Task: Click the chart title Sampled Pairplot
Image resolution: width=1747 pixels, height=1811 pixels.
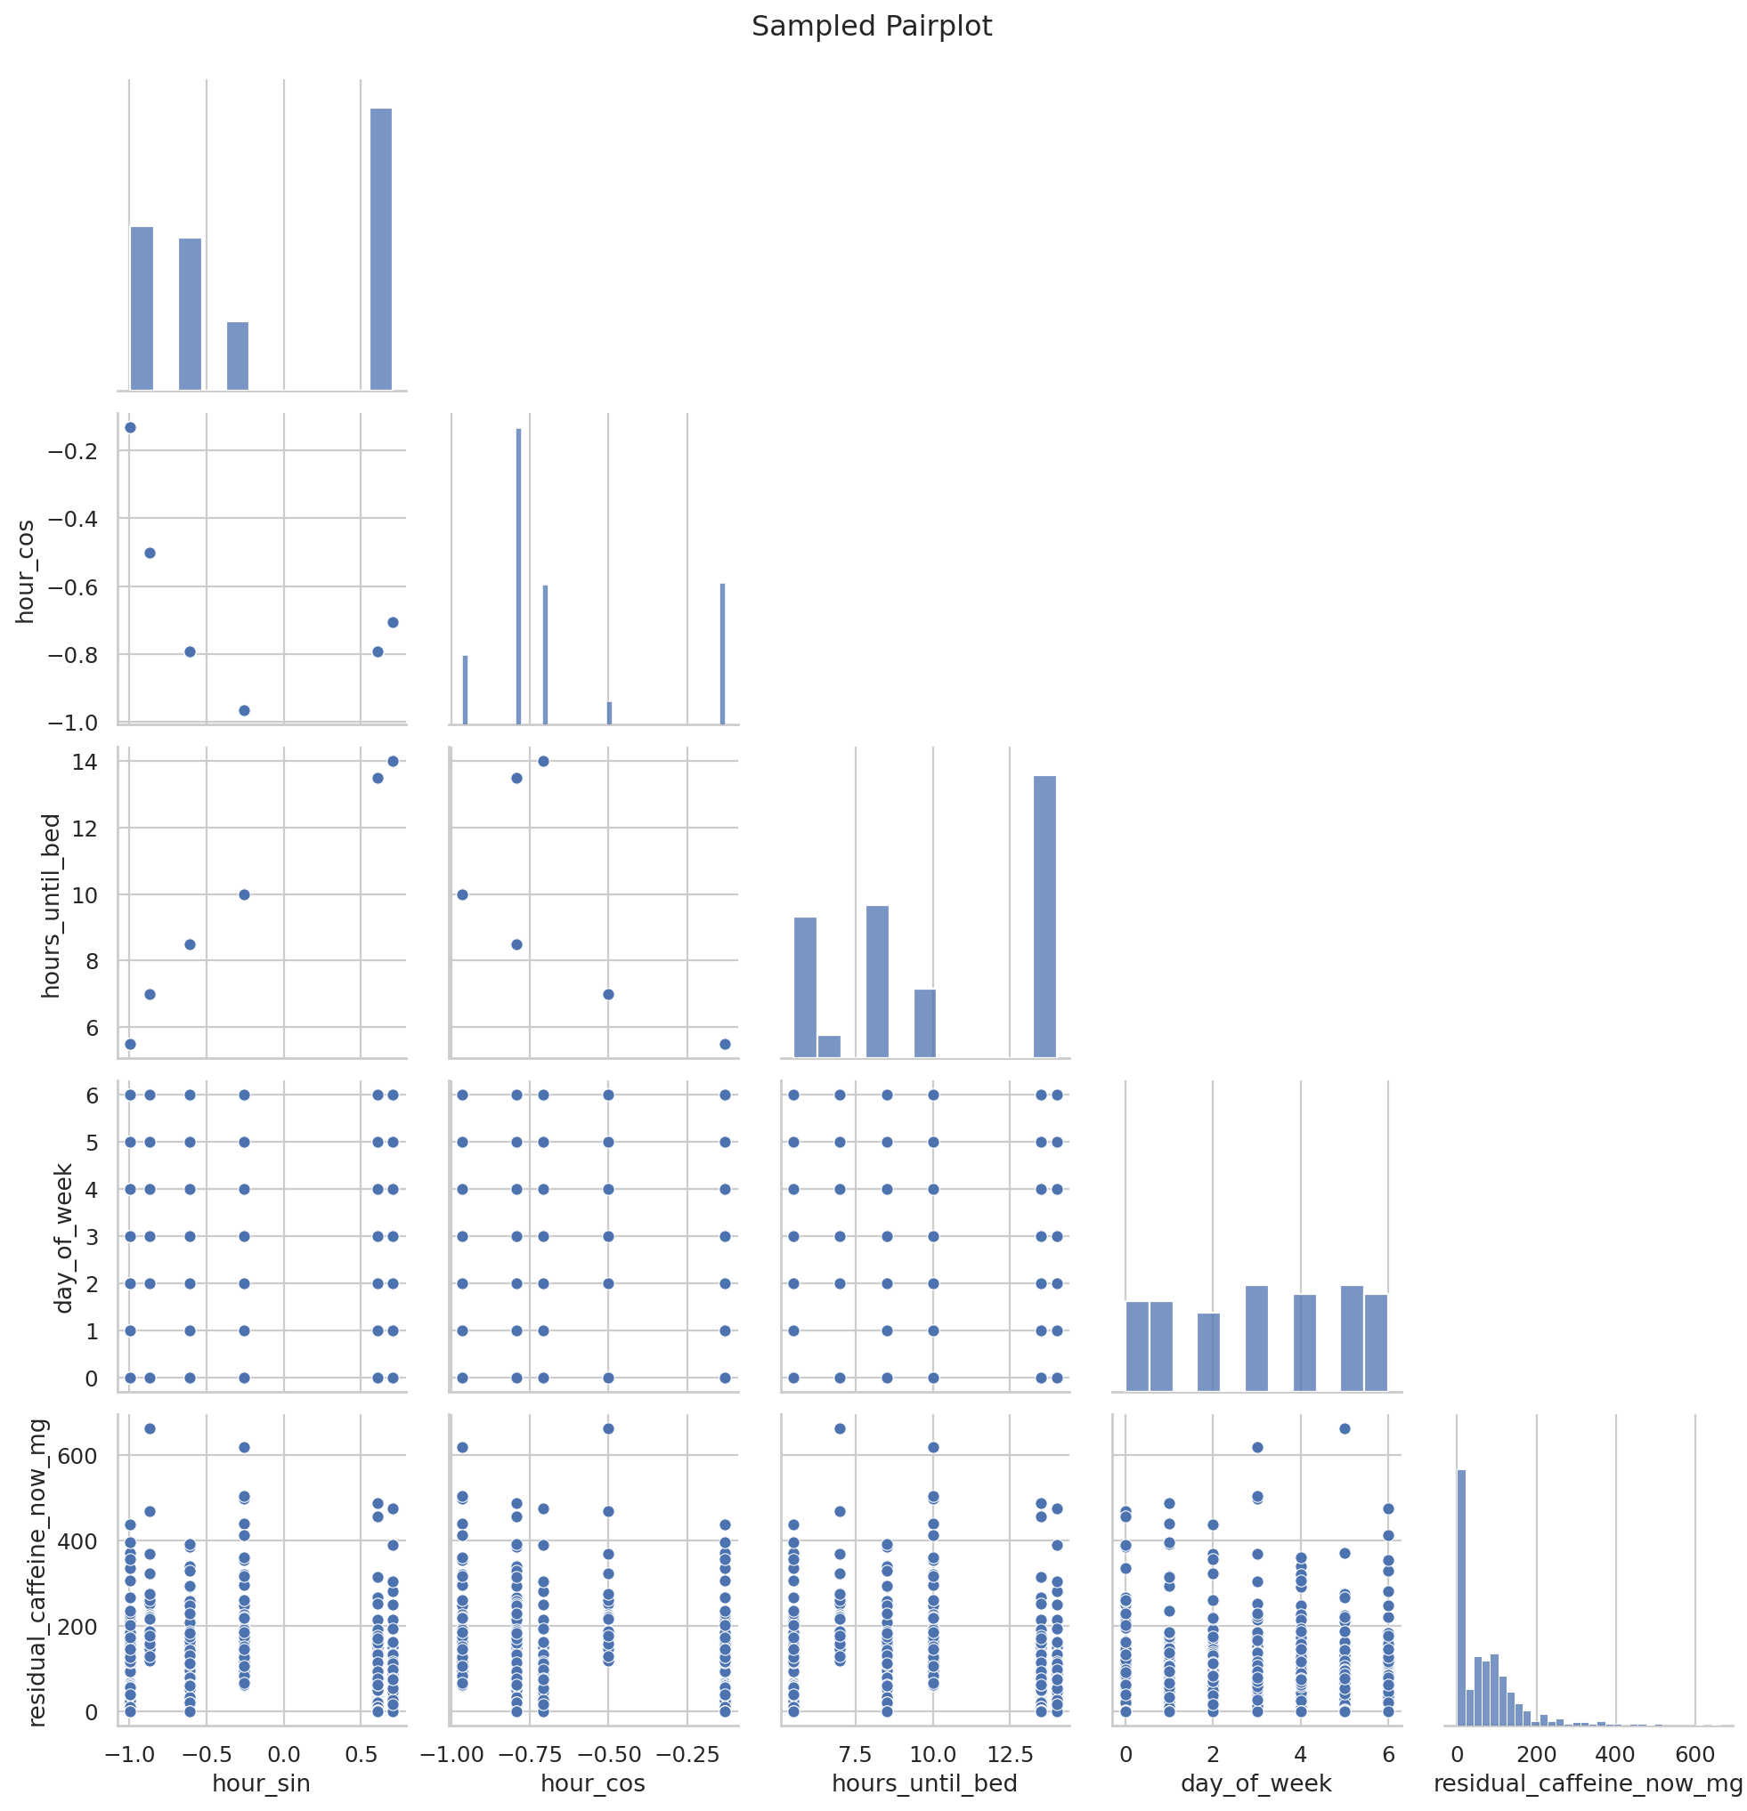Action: (x=871, y=27)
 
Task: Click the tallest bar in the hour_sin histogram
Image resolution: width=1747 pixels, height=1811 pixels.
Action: (x=381, y=248)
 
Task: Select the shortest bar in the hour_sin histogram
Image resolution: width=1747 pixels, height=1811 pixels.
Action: (x=238, y=356)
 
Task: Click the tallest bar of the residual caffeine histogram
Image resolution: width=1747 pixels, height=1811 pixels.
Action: (x=1461, y=1597)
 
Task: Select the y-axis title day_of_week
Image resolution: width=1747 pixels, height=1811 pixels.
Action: (x=63, y=1238)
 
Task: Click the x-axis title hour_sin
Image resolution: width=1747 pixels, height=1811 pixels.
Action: (x=261, y=1783)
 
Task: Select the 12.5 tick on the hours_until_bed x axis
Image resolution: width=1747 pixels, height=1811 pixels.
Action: (x=1010, y=1753)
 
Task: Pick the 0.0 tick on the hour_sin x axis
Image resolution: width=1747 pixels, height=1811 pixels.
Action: (x=283, y=1753)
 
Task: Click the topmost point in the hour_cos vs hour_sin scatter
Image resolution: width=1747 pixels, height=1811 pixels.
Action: (x=130, y=427)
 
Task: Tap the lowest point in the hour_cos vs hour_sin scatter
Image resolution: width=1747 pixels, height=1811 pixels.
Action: (x=245, y=710)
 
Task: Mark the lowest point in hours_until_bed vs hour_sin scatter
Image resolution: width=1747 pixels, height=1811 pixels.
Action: (x=130, y=1044)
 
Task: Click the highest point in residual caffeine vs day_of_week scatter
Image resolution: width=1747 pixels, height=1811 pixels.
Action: (x=1345, y=1428)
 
